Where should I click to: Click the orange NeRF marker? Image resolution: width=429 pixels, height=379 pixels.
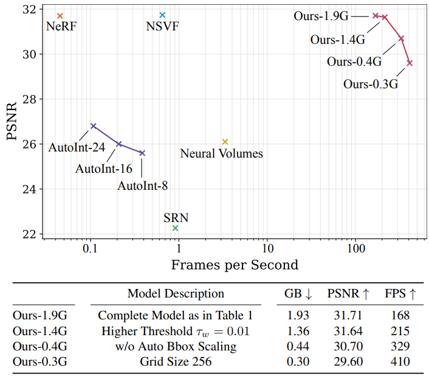tap(60, 15)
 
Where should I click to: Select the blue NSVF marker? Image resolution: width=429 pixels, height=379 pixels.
tap(162, 15)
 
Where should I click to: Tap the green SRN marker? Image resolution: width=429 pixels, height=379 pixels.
tap(176, 228)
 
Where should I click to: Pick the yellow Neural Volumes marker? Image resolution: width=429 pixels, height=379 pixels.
tap(225, 142)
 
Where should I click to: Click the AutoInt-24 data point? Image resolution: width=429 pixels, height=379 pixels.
tap(93, 126)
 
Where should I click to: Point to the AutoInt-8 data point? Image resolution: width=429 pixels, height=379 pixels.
tap(142, 153)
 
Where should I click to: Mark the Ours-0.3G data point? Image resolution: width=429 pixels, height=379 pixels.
tap(410, 63)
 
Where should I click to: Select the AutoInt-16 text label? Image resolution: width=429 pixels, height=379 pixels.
tap(104, 169)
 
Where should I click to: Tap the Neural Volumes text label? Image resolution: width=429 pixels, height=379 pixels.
tap(222, 154)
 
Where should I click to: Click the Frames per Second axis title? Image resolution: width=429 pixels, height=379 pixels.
tap(235, 265)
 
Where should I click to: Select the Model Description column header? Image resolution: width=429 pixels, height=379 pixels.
tap(176, 293)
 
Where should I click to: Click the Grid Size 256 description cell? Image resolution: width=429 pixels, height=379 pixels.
tap(176, 361)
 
